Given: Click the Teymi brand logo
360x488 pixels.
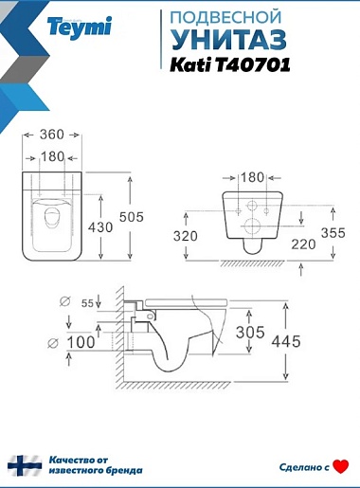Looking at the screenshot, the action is tap(80, 27).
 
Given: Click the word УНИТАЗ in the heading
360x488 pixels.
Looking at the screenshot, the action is tap(229, 39).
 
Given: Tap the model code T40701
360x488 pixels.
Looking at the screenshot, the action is tap(253, 65).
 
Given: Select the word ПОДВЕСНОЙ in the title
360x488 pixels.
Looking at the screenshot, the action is tap(225, 17).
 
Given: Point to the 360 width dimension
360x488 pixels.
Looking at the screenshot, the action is tap(52, 135).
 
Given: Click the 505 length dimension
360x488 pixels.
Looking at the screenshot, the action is tap(132, 217).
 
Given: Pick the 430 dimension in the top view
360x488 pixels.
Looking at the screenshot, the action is tap(100, 227).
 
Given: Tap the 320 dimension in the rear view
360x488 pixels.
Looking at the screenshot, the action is tap(186, 236).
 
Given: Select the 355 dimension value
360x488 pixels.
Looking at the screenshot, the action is tap(333, 233).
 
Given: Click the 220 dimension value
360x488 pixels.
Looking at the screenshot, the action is tap(303, 244).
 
